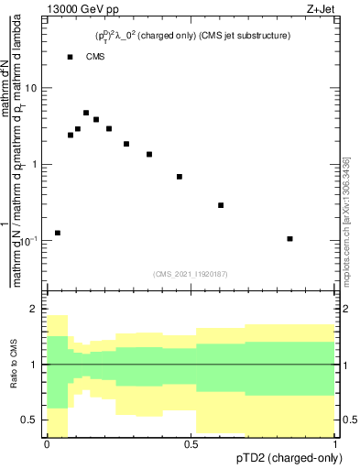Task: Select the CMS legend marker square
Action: coord(71,57)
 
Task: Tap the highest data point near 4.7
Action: coord(86,113)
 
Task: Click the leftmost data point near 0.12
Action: coord(58,233)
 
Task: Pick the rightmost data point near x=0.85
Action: coord(289,239)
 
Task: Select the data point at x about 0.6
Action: coord(221,205)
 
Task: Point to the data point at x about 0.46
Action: coord(180,177)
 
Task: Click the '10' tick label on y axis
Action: coord(31,88)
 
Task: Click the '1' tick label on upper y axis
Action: coord(35,164)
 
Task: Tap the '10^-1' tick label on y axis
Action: coord(29,240)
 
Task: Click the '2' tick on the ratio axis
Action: coord(35,310)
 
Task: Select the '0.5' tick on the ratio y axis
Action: coord(30,420)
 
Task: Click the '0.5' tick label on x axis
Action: coord(191,444)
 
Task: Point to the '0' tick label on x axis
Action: coord(47,444)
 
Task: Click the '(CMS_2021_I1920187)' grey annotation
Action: coord(191,273)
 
